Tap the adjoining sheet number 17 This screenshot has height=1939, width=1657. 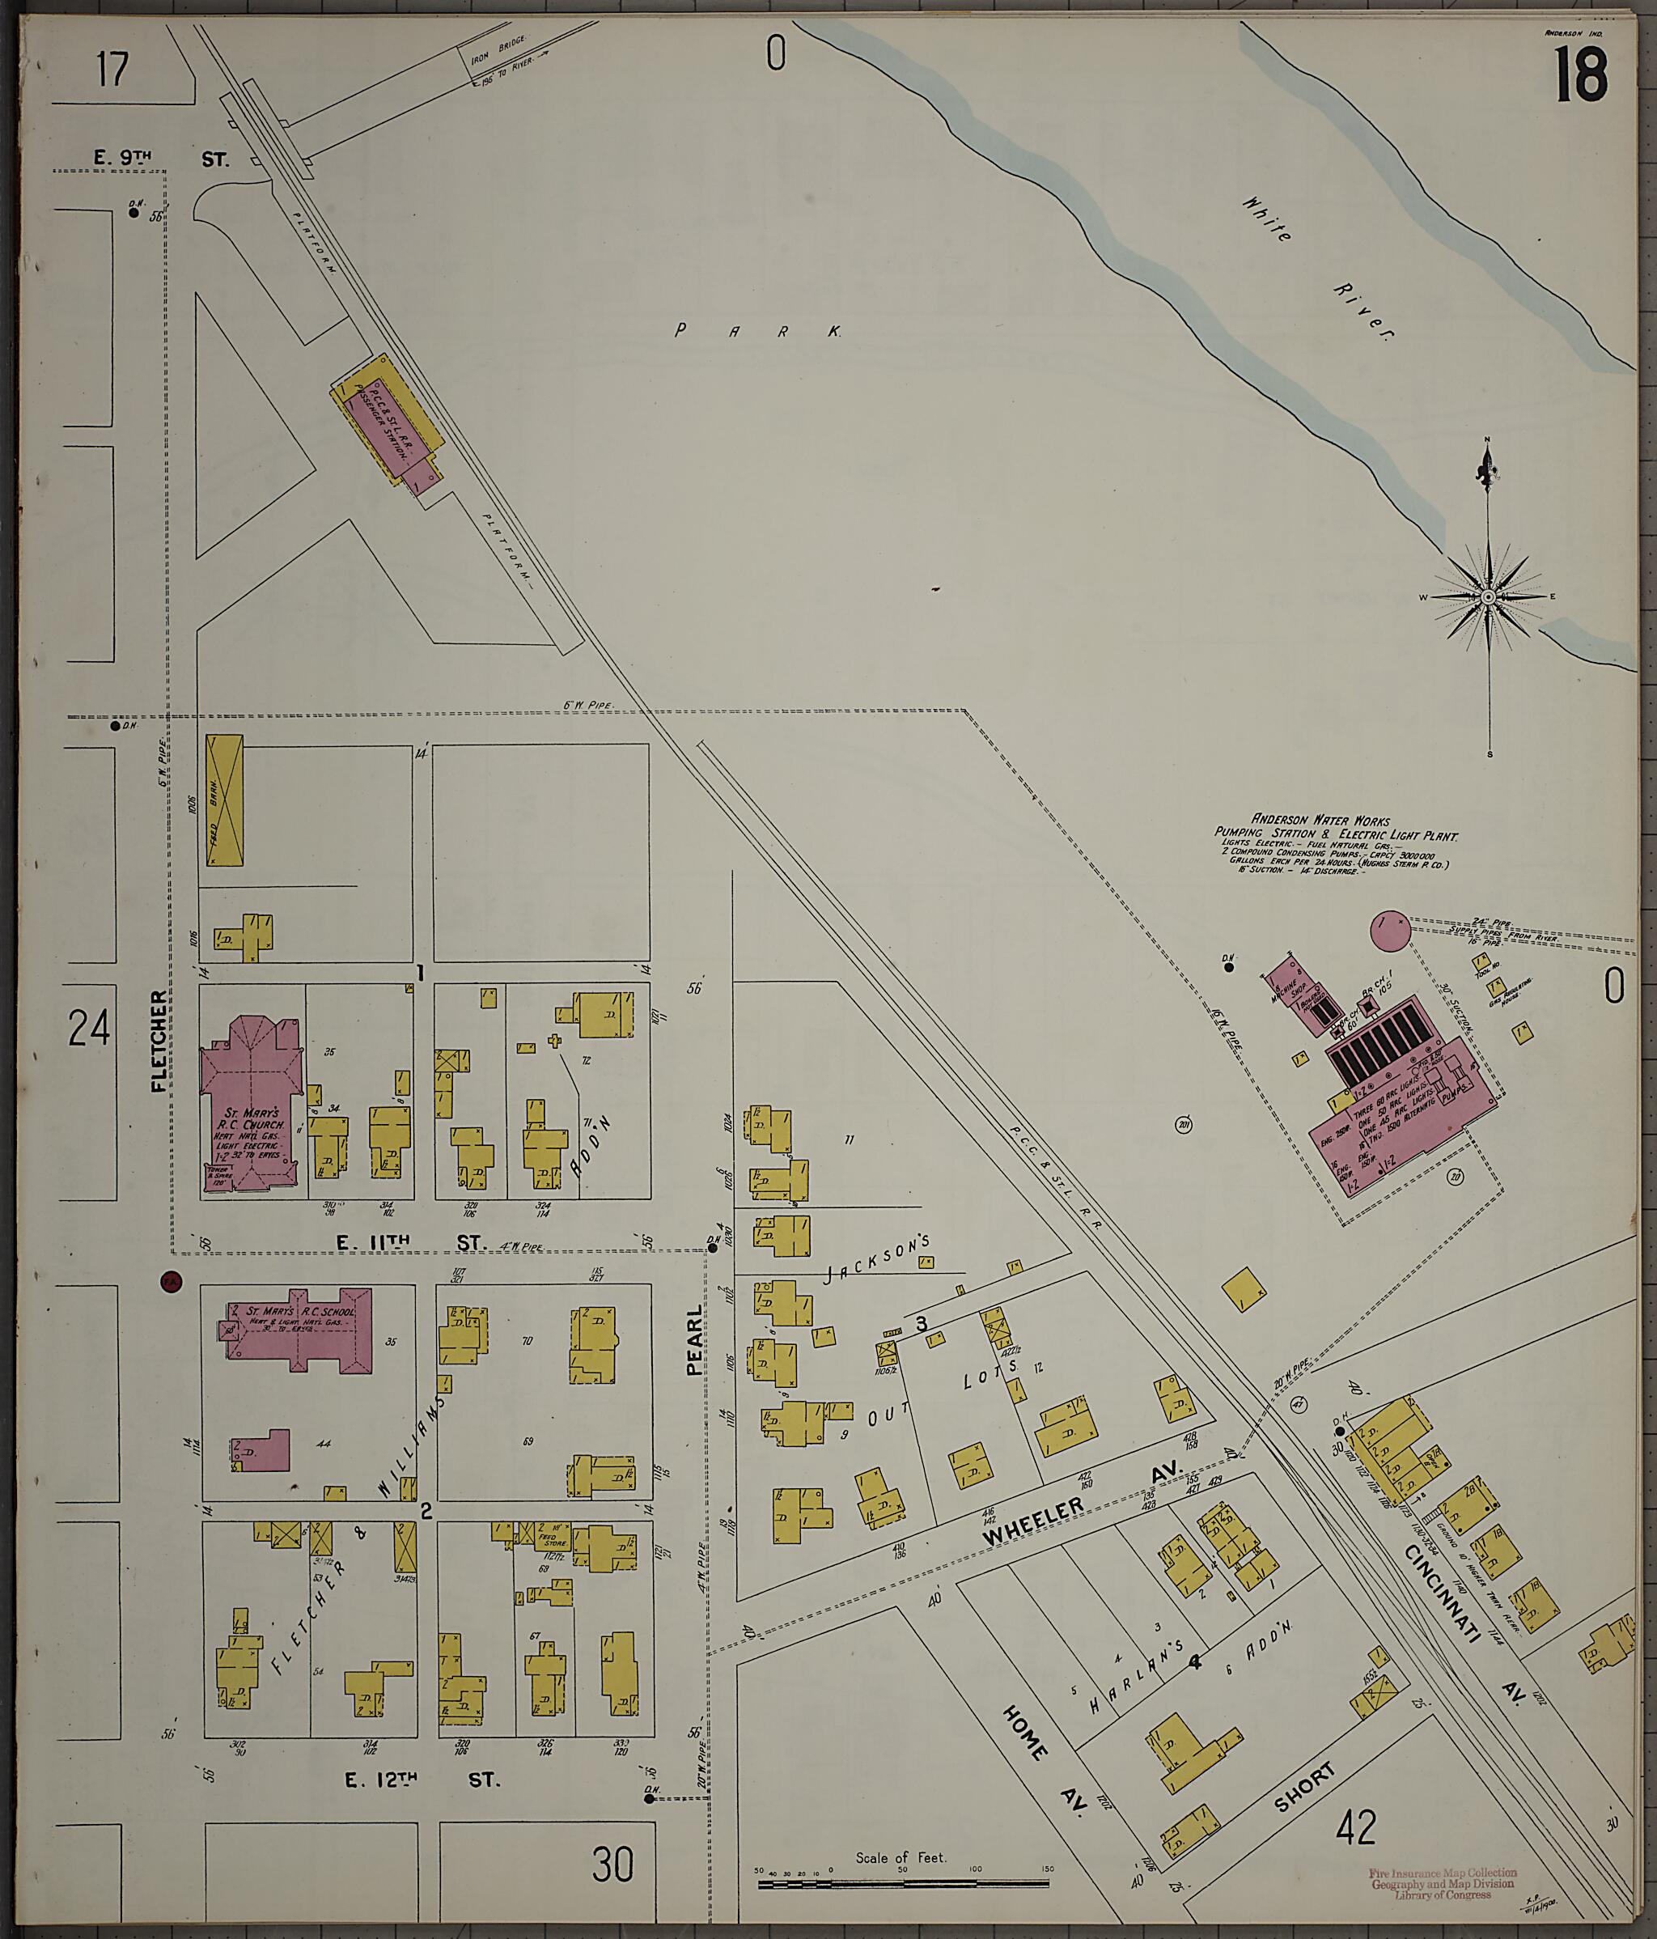tap(112, 70)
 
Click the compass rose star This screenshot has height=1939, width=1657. tap(1488, 597)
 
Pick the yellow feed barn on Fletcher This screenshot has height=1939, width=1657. tap(223, 800)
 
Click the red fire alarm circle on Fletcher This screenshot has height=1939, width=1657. tap(170, 1281)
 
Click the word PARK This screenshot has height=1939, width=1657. tap(758, 330)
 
